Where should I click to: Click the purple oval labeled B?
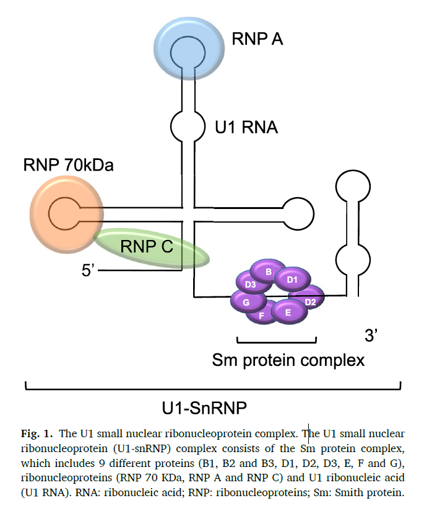[x=268, y=272]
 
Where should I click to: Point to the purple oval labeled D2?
[x=309, y=301]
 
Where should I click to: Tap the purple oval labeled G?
[x=246, y=302]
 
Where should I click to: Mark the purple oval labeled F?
[x=262, y=315]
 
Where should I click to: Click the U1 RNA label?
[x=246, y=127]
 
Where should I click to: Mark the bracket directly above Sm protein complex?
[x=277, y=340]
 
